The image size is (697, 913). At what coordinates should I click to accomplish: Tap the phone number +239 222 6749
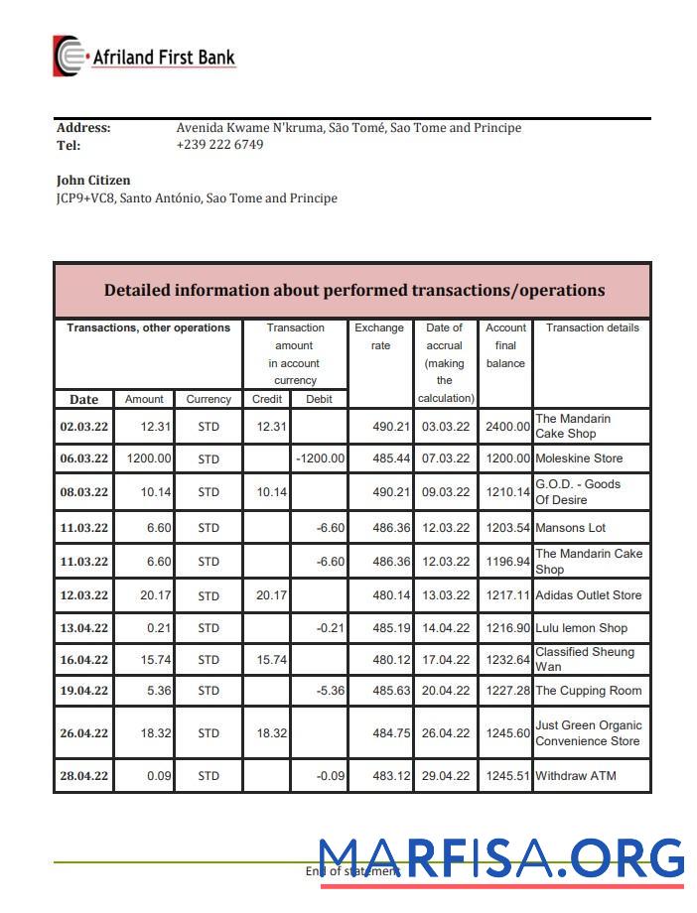pos(219,145)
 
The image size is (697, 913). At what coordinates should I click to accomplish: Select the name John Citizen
pos(93,181)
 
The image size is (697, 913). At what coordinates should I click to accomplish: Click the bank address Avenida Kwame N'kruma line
pos(348,128)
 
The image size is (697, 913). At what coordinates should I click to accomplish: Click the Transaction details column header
pos(592,327)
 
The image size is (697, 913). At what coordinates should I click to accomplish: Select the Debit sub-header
pos(320,399)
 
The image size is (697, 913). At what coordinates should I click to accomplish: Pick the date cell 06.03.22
pos(84,459)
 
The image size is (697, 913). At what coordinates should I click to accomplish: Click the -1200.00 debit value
pos(320,459)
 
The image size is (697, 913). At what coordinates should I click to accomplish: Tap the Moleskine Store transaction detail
pos(579,459)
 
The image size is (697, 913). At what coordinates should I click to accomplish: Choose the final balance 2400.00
pos(506,427)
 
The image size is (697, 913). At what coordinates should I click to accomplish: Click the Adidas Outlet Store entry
pos(588,595)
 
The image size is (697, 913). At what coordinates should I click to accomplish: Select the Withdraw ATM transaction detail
pos(576,776)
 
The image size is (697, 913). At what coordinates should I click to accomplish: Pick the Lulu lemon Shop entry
pos(581,628)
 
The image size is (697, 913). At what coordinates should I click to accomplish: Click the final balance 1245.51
pos(506,776)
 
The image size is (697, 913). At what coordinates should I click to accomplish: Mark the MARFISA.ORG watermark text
pos(501,860)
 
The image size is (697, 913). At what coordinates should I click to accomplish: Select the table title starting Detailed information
pos(353,291)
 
